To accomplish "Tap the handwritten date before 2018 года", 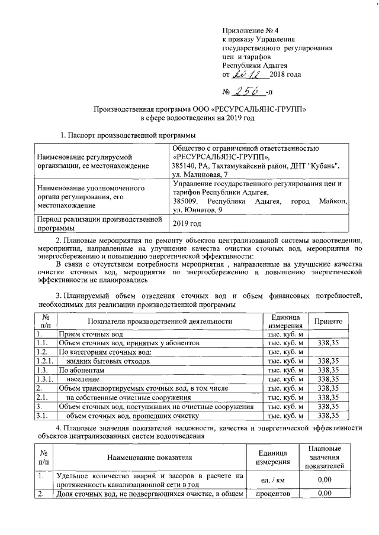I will coord(249,74).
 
